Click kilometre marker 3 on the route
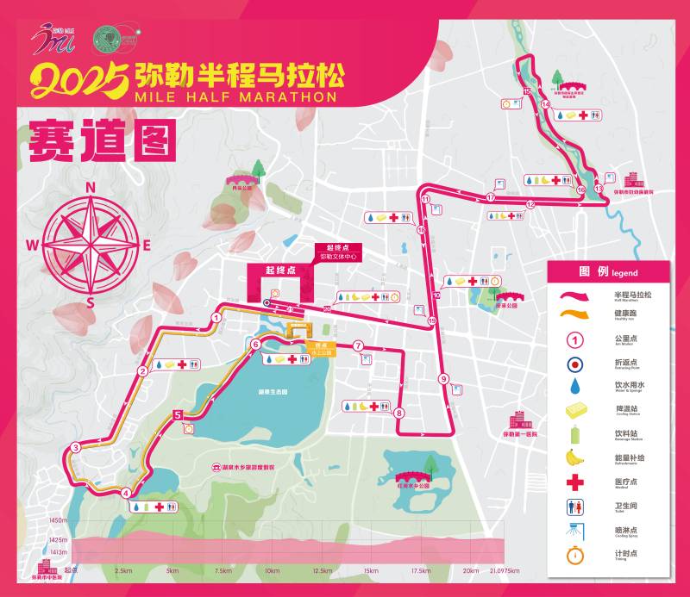[76, 447]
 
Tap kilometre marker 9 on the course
[443, 378]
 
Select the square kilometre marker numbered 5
[178, 414]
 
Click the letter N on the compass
[90, 187]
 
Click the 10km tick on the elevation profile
[273, 570]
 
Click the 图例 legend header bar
[608, 271]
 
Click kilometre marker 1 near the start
[216, 317]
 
